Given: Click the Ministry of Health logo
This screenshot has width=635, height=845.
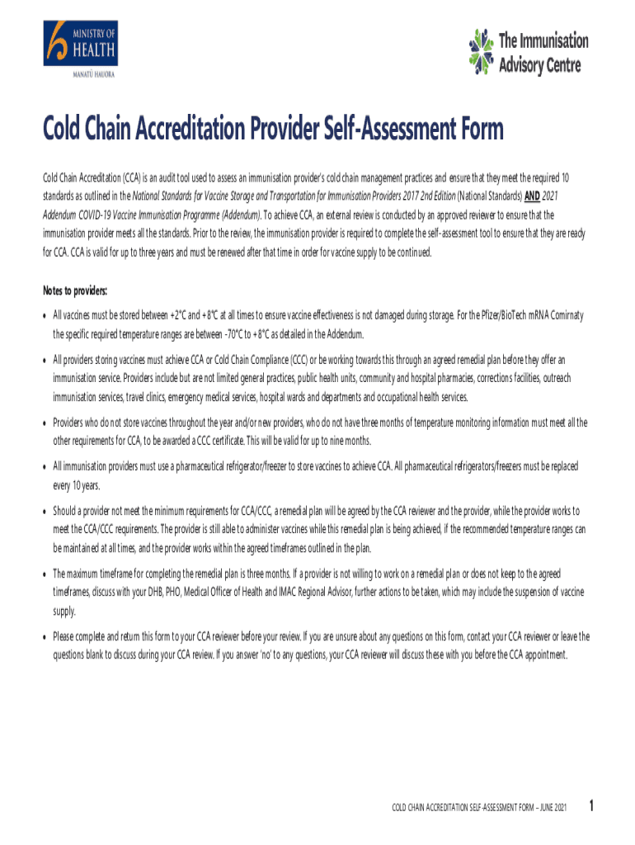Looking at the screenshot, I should click(x=81, y=50).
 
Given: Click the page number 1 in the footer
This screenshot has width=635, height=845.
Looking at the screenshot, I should click(x=590, y=805).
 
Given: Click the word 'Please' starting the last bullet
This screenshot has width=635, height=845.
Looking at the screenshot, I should click(x=65, y=636).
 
